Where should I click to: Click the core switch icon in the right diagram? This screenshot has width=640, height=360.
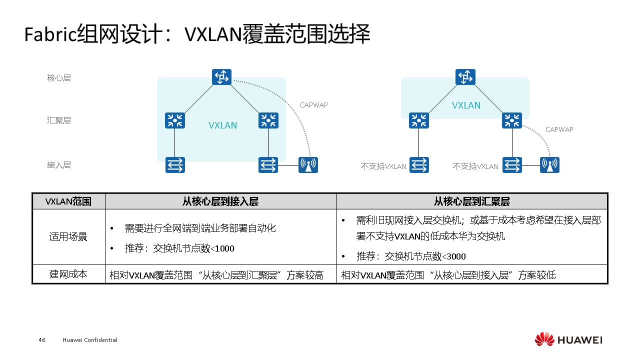point(465,77)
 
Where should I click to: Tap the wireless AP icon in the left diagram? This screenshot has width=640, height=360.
point(308,165)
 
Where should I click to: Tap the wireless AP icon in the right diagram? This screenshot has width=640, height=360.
point(549,165)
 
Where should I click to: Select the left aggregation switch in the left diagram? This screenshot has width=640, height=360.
point(175,120)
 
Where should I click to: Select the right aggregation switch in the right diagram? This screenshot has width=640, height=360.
point(511,120)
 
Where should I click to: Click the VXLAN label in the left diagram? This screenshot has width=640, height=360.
point(222,125)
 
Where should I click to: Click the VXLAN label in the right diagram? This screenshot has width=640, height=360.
point(466,105)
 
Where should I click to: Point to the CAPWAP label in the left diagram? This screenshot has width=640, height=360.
point(313,105)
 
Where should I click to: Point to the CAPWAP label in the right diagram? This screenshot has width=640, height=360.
point(559,129)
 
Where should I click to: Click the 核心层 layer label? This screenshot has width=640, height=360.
point(59,78)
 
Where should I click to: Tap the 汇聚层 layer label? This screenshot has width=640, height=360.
point(59,120)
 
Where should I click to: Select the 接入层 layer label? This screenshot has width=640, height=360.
point(59,165)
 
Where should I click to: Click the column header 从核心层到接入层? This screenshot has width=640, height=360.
point(220,201)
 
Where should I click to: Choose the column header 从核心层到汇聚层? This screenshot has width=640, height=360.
point(471,201)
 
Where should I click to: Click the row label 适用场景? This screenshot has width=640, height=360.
point(68,236)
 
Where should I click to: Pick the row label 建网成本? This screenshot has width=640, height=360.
point(68,274)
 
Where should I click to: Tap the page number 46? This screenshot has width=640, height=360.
point(42,340)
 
